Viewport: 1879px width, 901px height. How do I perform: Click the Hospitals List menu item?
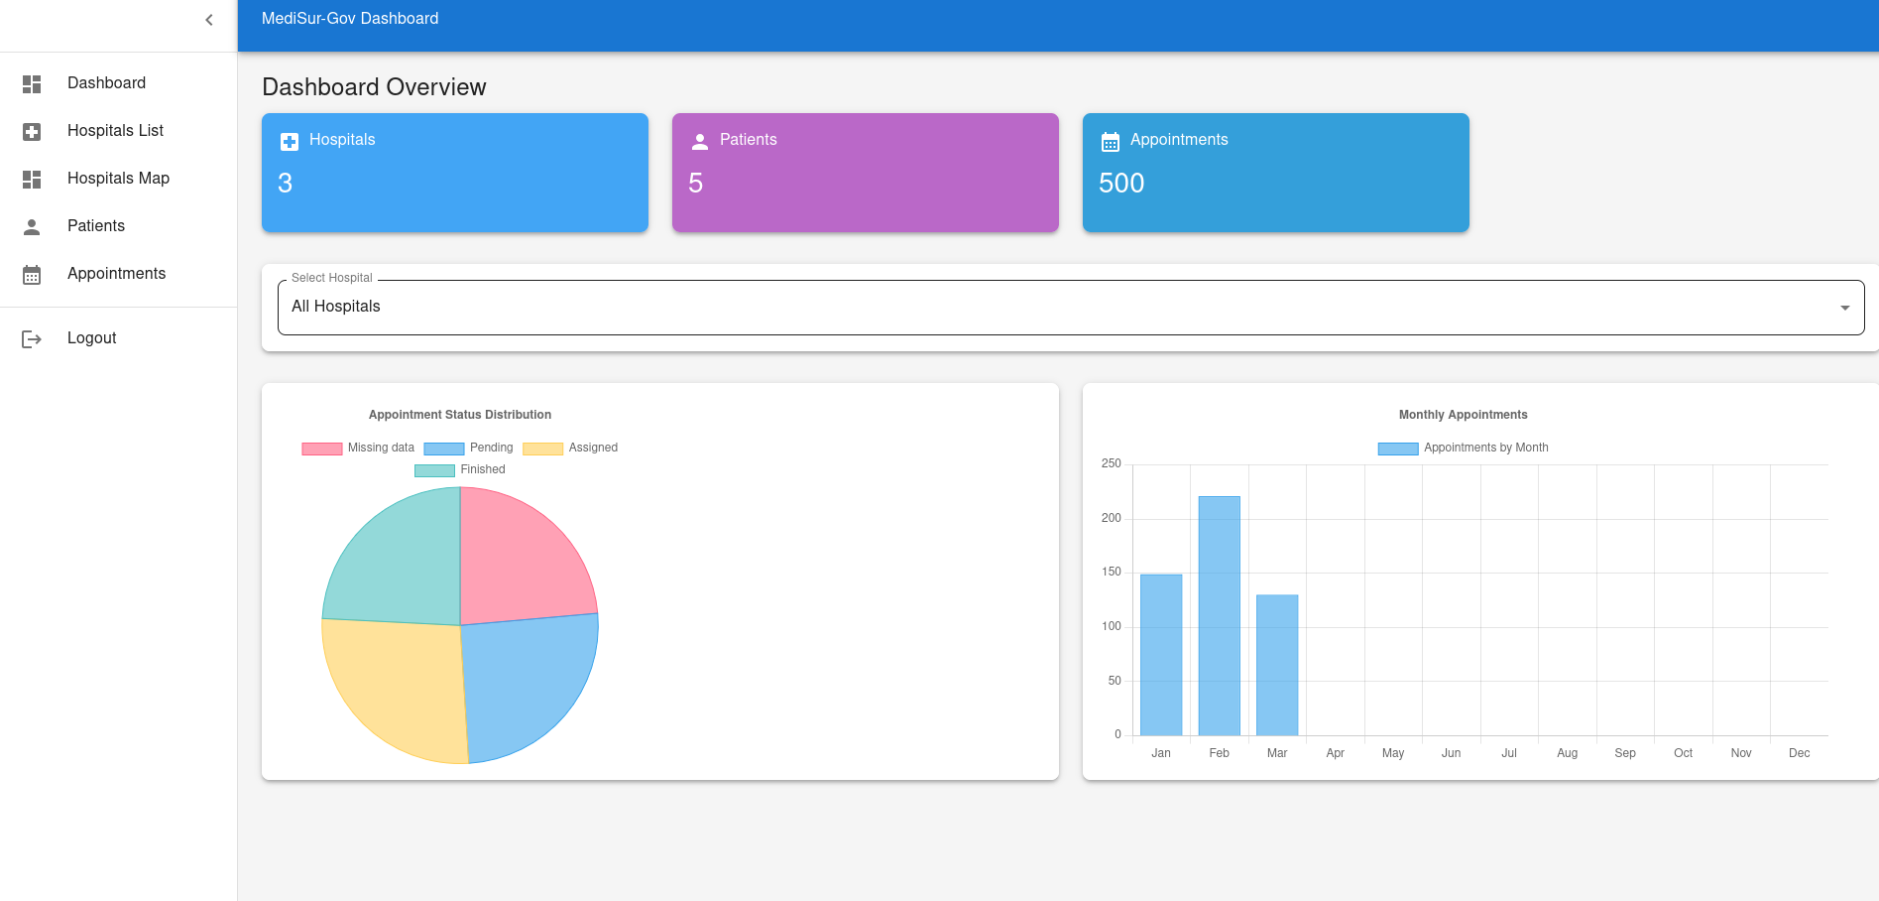coord(115,131)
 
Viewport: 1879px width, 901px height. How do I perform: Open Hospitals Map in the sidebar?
coord(118,179)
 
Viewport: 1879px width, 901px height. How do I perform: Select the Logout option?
coord(91,338)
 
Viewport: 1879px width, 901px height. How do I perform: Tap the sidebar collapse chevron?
coord(209,20)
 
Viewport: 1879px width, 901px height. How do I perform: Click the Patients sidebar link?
coord(96,226)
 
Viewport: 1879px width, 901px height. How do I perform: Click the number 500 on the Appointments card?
coord(1121,184)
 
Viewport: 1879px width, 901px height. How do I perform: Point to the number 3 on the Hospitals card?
coord(286,184)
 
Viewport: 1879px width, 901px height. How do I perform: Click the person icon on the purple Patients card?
coord(700,142)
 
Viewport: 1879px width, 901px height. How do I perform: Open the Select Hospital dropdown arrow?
coord(1844,308)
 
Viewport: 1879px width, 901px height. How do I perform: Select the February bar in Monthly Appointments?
coord(1219,615)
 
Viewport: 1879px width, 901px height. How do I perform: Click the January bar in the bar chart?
coord(1161,655)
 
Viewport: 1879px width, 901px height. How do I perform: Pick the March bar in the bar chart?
coord(1277,665)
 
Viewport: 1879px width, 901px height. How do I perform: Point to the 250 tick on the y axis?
coord(1111,463)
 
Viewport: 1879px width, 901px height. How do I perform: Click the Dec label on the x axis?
coord(1799,753)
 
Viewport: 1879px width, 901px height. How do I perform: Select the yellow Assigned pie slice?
coord(397,685)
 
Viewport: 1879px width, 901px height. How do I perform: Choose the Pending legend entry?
coord(469,448)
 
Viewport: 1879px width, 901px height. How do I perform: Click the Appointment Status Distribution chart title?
coord(460,415)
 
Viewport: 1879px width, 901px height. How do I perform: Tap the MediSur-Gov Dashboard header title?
coord(350,19)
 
